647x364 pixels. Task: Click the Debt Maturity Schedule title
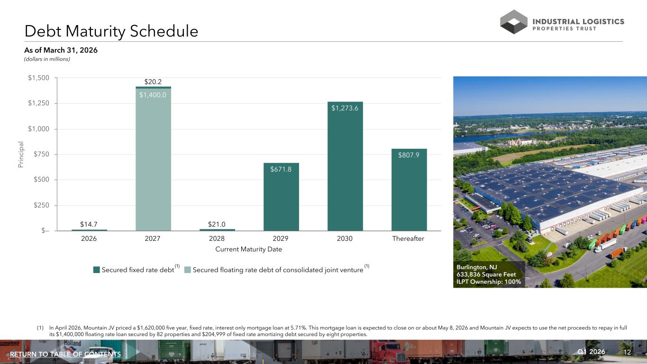(x=111, y=31)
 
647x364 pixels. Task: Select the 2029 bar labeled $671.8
(x=281, y=197)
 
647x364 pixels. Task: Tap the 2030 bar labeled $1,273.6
(x=345, y=166)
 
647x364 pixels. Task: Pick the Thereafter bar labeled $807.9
(x=409, y=190)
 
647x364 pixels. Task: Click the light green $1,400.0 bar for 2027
(x=153, y=160)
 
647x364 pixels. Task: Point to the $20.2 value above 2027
(x=153, y=82)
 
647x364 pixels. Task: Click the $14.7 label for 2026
(x=89, y=224)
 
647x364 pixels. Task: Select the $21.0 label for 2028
(x=217, y=224)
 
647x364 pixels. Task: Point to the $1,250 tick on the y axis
(x=38, y=103)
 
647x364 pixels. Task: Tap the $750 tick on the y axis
(x=41, y=154)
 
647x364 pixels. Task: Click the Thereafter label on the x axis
(x=408, y=238)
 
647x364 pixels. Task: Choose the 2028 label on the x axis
(x=217, y=238)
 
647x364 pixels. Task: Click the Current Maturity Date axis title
(x=249, y=249)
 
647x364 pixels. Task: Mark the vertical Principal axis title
(x=20, y=154)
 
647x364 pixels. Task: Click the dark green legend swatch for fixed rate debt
(x=97, y=270)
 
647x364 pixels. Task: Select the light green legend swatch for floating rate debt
(x=187, y=270)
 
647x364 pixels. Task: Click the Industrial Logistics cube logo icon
(x=514, y=22)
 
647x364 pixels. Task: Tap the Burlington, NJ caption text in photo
(x=476, y=267)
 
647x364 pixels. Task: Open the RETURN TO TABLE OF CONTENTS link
(x=65, y=354)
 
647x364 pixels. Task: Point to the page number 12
(x=627, y=352)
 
